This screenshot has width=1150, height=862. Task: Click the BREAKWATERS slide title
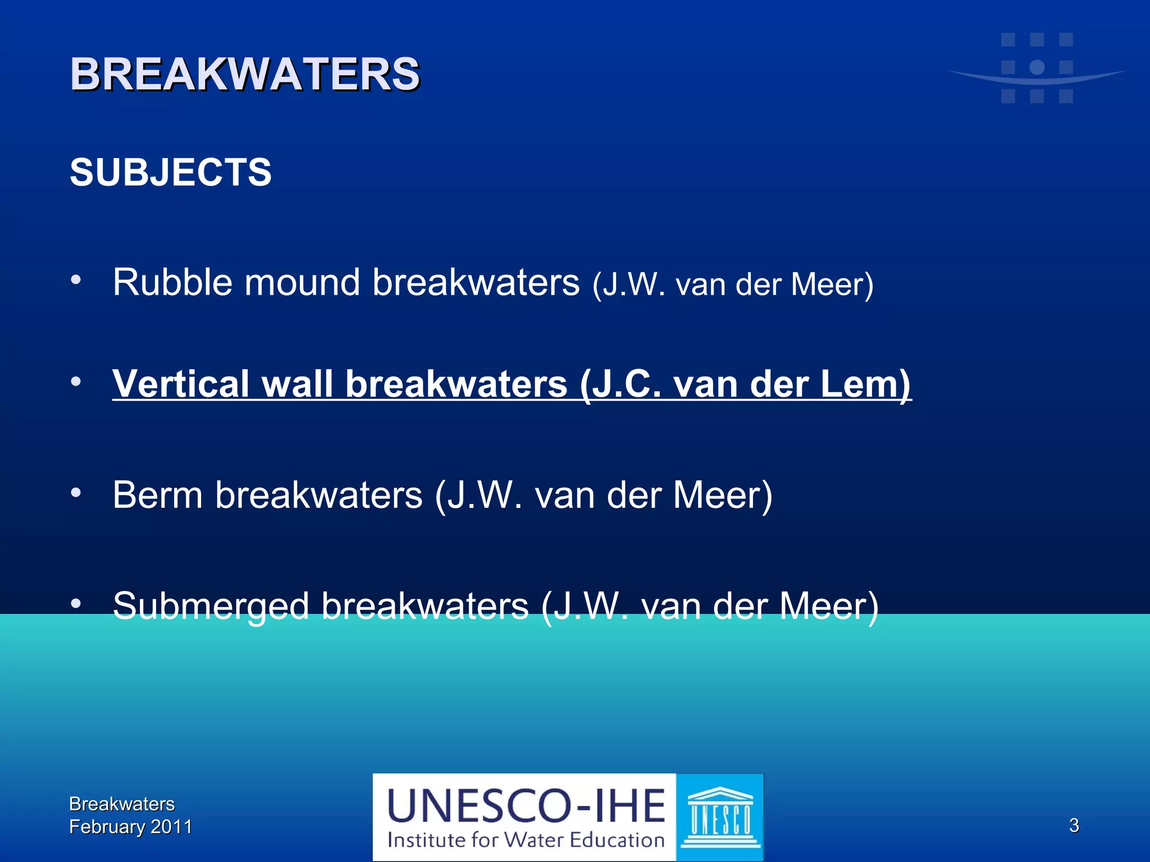[x=245, y=74]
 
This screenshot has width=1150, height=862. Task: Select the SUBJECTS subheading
[x=171, y=172]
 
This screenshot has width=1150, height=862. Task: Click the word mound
[x=302, y=282]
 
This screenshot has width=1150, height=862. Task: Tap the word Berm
[x=157, y=495]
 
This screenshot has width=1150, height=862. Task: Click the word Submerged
[x=211, y=606]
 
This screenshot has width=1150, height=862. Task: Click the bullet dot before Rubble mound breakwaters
[x=76, y=278]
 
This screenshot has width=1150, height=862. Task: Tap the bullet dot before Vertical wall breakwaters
[x=76, y=382]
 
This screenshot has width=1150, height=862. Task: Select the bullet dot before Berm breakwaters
[x=76, y=493]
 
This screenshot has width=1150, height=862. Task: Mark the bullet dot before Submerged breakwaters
[x=76, y=604]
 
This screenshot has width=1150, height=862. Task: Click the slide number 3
[x=1074, y=826]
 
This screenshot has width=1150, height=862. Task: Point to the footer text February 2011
[x=130, y=827]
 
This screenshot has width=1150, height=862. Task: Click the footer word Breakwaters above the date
[x=122, y=804]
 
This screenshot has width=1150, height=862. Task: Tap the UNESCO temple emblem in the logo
[x=720, y=817]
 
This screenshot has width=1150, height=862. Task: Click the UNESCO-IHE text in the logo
[x=526, y=806]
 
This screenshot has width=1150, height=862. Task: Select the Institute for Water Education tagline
[x=526, y=840]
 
